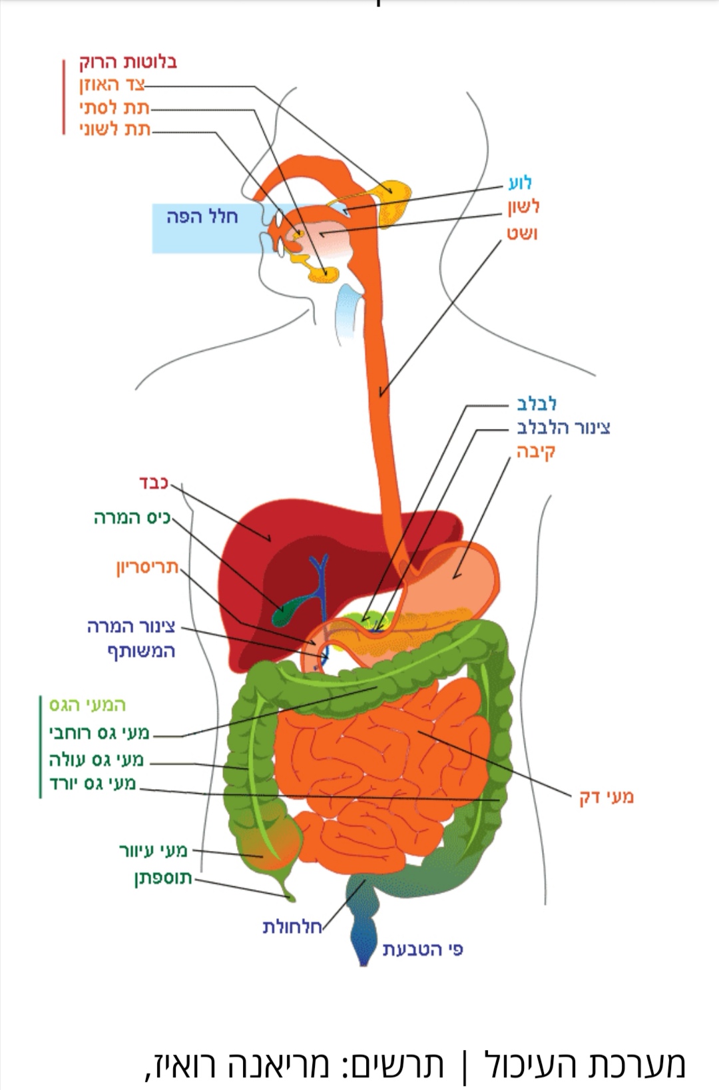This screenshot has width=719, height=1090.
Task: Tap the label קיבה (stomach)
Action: pos(536,451)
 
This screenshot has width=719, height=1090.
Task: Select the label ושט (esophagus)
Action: pos(522,234)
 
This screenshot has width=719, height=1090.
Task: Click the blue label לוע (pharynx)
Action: pos(520,182)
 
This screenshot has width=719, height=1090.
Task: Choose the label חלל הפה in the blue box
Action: pos(202,217)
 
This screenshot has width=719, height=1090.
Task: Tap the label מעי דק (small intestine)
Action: pos(606,797)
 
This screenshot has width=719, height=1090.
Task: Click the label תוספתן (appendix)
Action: pos(163,879)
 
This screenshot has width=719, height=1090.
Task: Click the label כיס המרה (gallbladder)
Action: pos(132,518)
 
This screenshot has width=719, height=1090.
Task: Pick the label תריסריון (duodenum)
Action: pos(148,568)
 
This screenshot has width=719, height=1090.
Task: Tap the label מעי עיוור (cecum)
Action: pos(154,850)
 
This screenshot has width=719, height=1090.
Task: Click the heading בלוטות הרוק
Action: pos(128,63)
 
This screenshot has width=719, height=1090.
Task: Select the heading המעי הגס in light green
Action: pos(88,704)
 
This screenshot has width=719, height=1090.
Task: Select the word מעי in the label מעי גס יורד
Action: pos(124,784)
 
